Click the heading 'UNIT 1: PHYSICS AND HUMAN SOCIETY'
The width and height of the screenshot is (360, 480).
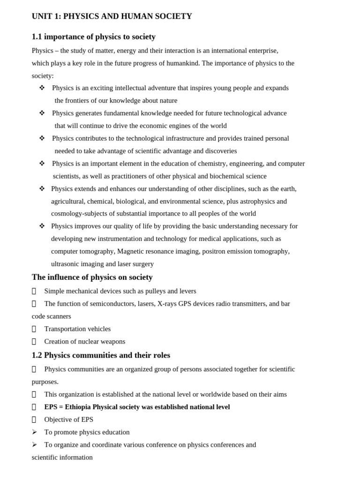pos(112,16)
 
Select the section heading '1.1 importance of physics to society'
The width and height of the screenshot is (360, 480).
pos(93,37)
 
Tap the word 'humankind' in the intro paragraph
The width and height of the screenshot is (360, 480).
pos(183,63)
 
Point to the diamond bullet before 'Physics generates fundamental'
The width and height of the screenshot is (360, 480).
pos(42,113)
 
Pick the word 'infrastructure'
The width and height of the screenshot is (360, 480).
pos(182,138)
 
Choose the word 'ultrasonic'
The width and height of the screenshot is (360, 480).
pos(66,264)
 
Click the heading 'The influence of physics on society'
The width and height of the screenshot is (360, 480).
pos(92,277)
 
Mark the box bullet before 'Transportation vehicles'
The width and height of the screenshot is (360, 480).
pos(34,329)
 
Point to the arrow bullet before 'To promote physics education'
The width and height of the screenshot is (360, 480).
pos(34,432)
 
